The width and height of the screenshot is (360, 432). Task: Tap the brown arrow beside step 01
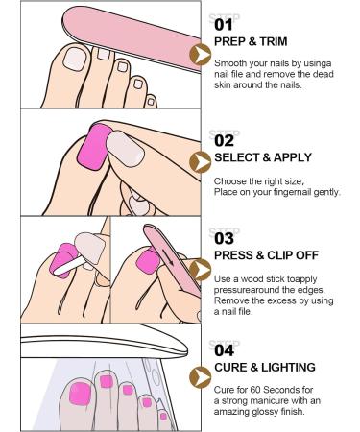pos(202,55)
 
